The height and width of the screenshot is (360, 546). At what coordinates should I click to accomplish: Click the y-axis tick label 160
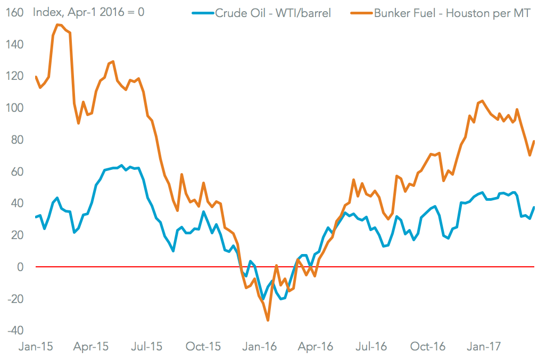(x=14, y=12)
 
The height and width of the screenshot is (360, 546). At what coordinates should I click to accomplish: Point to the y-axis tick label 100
(x=14, y=108)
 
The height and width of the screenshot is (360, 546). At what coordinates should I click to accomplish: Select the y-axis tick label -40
(x=14, y=330)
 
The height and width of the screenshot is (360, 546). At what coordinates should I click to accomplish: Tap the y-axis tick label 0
(x=20, y=267)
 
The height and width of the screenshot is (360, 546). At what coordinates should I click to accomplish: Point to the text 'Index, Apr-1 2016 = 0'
(x=88, y=12)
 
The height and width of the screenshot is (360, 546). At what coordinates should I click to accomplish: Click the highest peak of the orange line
(x=57, y=24)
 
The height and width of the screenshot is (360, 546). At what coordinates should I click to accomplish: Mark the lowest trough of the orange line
(x=268, y=320)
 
